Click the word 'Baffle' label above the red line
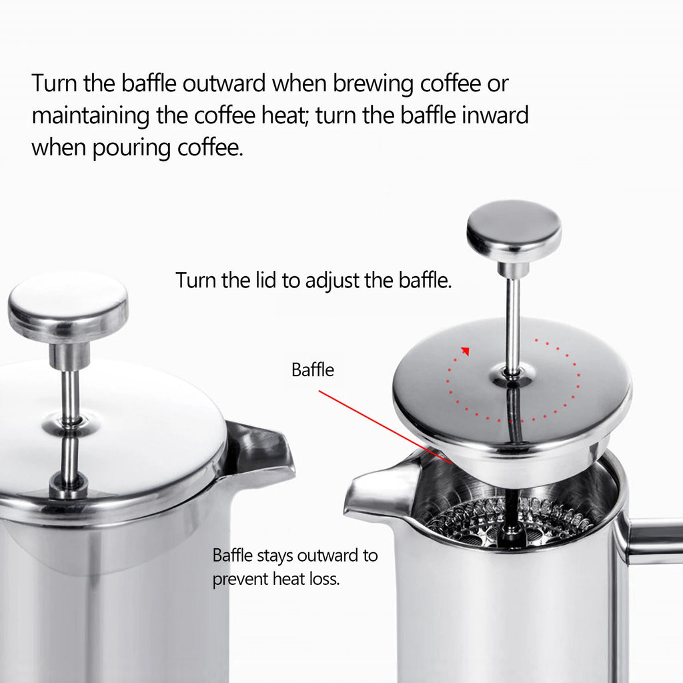point(313,370)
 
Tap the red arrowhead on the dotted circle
point(466,351)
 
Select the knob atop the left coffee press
point(68,307)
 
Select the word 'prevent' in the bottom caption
point(240,579)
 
